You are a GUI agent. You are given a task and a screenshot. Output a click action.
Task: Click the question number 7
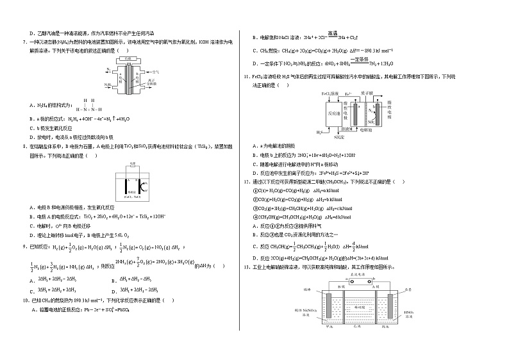(24, 42)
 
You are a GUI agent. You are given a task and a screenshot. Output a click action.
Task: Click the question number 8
(24, 146)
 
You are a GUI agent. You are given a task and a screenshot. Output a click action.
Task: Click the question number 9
(24, 245)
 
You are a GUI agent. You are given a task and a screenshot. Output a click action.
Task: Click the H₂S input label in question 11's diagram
(319, 133)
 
